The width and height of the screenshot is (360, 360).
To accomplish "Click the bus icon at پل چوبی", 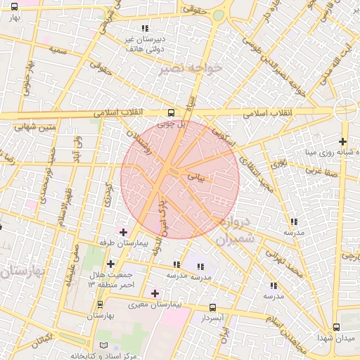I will (171, 112).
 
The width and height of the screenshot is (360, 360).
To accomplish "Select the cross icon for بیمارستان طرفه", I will (124, 231).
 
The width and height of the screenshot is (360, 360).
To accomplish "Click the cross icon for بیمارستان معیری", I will (155, 292).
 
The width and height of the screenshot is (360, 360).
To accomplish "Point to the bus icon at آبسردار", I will (213, 307).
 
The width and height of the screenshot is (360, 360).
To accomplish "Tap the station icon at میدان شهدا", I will (336, 327).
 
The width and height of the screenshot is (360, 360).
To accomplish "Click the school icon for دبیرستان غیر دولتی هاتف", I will (145, 29).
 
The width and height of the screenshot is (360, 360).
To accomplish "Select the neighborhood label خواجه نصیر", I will (191, 68).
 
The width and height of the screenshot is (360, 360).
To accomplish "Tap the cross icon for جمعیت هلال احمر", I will (110, 264).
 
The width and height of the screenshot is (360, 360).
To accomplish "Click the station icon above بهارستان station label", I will (100, 305).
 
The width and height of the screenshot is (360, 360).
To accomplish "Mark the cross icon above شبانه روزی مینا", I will (342, 142).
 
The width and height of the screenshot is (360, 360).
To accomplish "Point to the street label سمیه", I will (59, 51).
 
